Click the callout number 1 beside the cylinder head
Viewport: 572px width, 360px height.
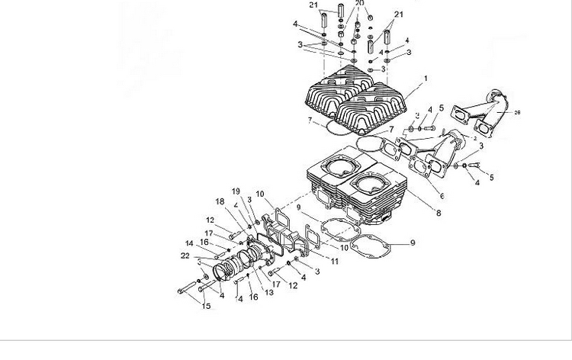(426, 78)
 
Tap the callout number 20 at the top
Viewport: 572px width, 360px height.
(360, 4)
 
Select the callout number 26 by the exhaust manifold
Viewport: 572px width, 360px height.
(517, 113)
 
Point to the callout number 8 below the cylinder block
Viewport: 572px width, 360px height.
(438, 213)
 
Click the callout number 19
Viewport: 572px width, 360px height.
(236, 191)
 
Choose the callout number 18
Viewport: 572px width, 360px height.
(220, 201)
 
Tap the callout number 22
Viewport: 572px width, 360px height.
(185, 256)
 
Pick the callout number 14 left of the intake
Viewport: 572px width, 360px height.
(188, 244)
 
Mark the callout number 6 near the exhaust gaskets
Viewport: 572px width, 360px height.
(442, 195)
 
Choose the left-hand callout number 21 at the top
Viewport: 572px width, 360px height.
(313, 5)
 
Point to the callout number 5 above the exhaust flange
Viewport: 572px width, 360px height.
(441, 108)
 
